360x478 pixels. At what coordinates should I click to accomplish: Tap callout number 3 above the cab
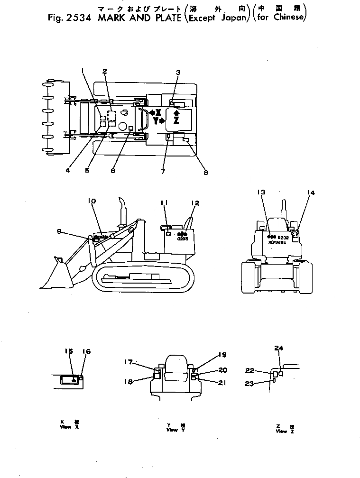coord(178,73)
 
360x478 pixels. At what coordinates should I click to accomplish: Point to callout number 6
coord(113,171)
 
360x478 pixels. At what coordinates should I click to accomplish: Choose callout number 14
coord(310,193)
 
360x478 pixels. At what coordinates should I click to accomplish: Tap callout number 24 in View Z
coord(279,348)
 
